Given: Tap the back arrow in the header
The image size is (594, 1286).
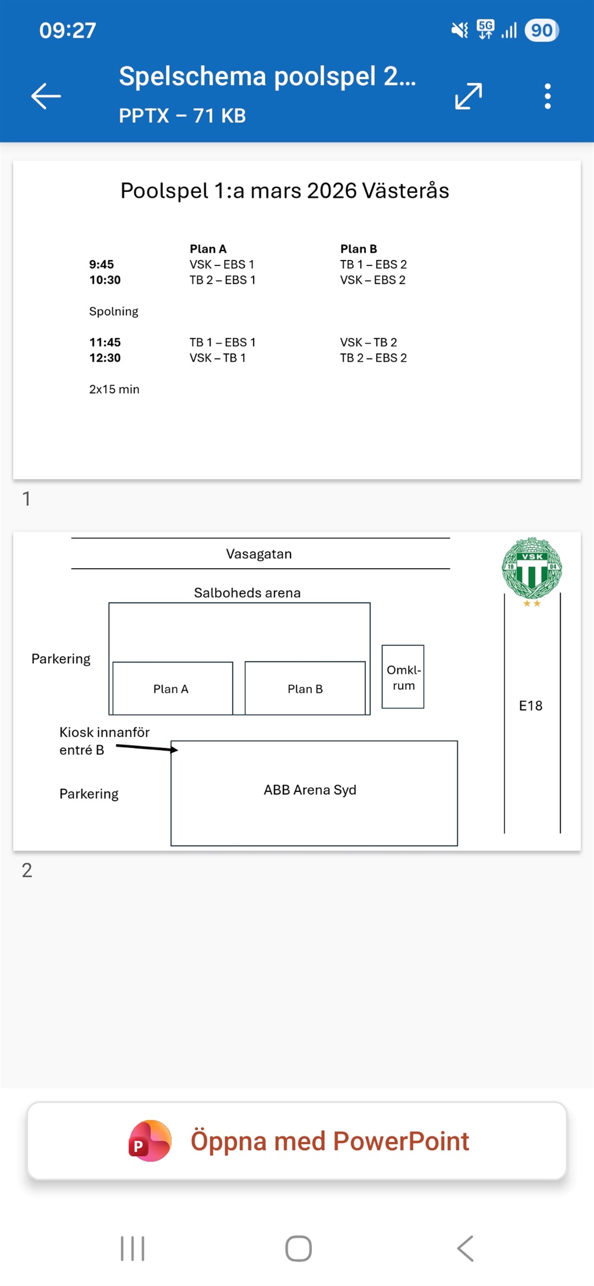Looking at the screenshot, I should (46, 96).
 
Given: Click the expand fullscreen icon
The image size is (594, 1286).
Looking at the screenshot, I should (469, 96).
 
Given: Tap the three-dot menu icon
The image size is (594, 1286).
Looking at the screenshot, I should (548, 96).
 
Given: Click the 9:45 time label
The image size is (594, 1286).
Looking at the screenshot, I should (102, 264).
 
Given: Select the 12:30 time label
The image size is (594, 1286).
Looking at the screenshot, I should (105, 357).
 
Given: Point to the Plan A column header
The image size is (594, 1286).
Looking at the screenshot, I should (208, 249).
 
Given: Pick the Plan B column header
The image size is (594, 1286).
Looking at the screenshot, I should (358, 249).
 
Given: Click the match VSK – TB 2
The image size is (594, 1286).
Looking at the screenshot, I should (368, 342).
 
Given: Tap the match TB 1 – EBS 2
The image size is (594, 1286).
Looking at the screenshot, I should (373, 264).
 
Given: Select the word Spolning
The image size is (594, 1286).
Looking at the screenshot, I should (113, 311).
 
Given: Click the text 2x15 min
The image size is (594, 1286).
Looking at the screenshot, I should (114, 389).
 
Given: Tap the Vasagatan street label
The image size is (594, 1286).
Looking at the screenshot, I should (259, 554).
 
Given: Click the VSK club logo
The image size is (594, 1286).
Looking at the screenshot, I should (532, 569).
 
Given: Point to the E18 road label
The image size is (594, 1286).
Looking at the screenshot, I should (530, 705).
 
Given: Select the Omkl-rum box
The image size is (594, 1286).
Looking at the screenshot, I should (403, 677).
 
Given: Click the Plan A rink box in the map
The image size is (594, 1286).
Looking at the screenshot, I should (172, 688).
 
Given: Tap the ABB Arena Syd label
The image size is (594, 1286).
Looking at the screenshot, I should (310, 790).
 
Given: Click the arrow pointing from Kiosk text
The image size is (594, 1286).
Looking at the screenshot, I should (147, 748).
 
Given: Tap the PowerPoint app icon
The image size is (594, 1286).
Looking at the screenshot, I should (150, 1141).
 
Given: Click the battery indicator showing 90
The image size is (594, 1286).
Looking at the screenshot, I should (541, 30).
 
